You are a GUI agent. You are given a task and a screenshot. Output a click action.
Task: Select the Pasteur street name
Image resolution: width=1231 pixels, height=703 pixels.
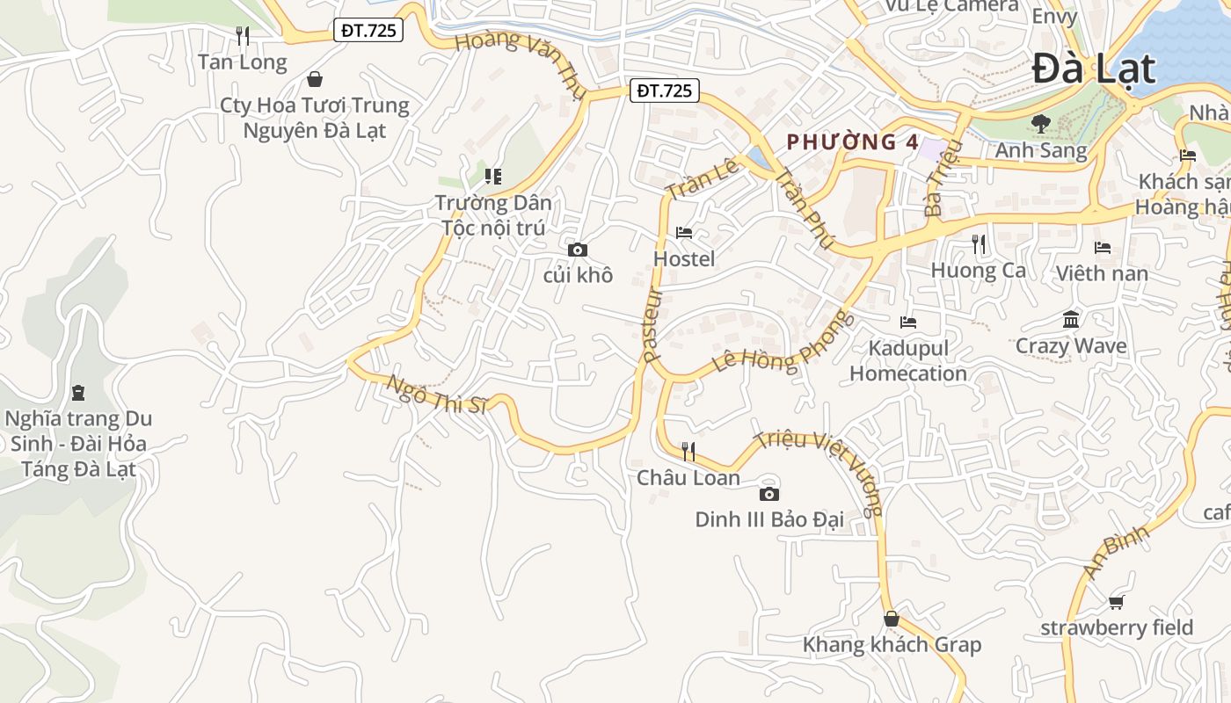pyautogui.click(x=651, y=325)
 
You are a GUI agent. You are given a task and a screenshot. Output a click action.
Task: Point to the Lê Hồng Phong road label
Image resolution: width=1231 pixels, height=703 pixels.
pyautogui.click(x=783, y=343)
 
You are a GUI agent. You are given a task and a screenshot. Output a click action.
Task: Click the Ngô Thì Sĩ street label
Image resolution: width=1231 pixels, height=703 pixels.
pyautogui.click(x=437, y=395)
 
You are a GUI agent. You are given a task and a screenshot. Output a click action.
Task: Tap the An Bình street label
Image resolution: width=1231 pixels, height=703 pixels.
pyautogui.click(x=1116, y=552)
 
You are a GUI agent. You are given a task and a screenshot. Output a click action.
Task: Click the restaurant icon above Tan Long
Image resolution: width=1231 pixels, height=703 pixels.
pyautogui.click(x=243, y=36)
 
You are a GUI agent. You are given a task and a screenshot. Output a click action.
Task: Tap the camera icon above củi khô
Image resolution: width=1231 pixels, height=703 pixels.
pyautogui.click(x=578, y=250)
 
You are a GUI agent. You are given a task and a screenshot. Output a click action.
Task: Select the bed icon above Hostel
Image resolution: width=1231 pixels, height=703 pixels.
pyautogui.click(x=684, y=233)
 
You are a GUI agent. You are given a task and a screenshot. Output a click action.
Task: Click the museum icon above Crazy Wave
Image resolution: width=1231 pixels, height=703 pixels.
pyautogui.click(x=1071, y=320)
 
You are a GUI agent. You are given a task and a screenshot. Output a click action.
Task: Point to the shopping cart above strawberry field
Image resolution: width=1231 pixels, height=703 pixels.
pyautogui.click(x=1117, y=602)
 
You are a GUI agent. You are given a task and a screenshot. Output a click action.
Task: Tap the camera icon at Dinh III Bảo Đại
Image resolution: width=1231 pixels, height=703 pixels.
pyautogui.click(x=769, y=494)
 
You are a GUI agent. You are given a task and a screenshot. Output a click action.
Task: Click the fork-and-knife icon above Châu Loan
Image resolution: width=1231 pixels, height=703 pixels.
pyautogui.click(x=688, y=452)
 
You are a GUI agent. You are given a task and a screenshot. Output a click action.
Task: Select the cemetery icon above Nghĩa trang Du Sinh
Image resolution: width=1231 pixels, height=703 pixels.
pyautogui.click(x=78, y=392)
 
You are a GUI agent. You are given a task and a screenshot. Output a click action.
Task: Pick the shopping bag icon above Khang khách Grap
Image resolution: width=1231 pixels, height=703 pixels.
pyautogui.click(x=892, y=619)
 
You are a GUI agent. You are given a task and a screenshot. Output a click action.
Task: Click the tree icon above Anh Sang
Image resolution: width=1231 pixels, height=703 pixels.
pyautogui.click(x=1041, y=124)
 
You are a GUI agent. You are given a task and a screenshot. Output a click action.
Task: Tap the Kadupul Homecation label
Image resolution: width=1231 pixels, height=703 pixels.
pyautogui.click(x=908, y=360)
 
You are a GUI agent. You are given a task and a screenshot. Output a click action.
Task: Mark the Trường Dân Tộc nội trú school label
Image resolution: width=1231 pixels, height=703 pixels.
pyautogui.click(x=493, y=215)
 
